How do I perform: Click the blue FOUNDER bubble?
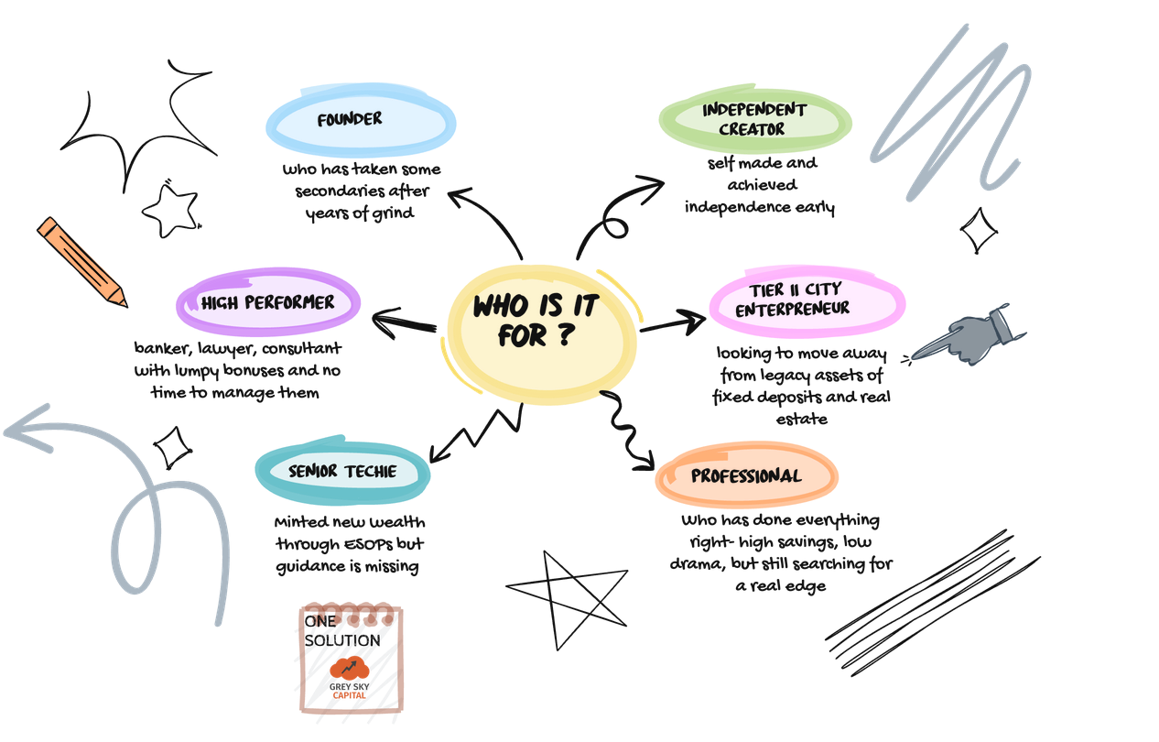(361, 122)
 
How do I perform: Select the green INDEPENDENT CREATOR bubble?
(755, 120)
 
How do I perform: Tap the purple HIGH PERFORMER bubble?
(268, 302)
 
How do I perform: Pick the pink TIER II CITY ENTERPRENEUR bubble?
(807, 300)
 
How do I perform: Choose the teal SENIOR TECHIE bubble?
(342, 472)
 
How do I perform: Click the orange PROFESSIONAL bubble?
(746, 476)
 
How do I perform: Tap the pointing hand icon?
(970, 334)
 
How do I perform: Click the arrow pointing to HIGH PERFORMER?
(403, 323)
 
